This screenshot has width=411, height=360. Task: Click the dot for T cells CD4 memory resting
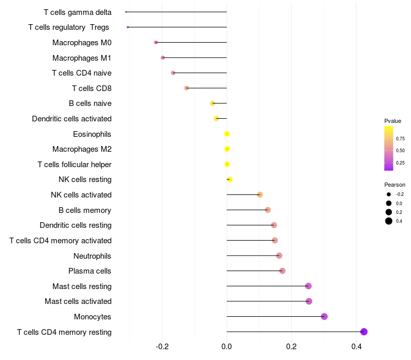click(x=364, y=332)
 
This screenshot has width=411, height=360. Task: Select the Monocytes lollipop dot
click(x=324, y=316)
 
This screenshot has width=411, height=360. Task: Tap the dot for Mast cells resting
click(x=308, y=286)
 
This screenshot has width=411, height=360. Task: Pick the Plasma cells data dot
click(x=282, y=271)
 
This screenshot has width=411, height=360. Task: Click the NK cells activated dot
click(x=260, y=194)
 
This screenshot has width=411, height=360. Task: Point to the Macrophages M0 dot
click(x=156, y=42)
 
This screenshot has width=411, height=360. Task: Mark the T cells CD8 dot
click(x=186, y=88)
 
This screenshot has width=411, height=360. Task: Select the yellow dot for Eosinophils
click(x=227, y=134)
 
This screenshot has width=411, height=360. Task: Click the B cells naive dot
click(x=213, y=103)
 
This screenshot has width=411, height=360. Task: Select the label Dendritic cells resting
click(x=76, y=225)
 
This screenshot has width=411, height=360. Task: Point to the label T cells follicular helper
click(x=74, y=165)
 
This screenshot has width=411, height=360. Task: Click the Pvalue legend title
click(x=393, y=121)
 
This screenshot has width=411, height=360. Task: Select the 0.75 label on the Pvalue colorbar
click(x=400, y=138)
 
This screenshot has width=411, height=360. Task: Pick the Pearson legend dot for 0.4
click(x=389, y=221)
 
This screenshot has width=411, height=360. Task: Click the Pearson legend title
click(x=395, y=185)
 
